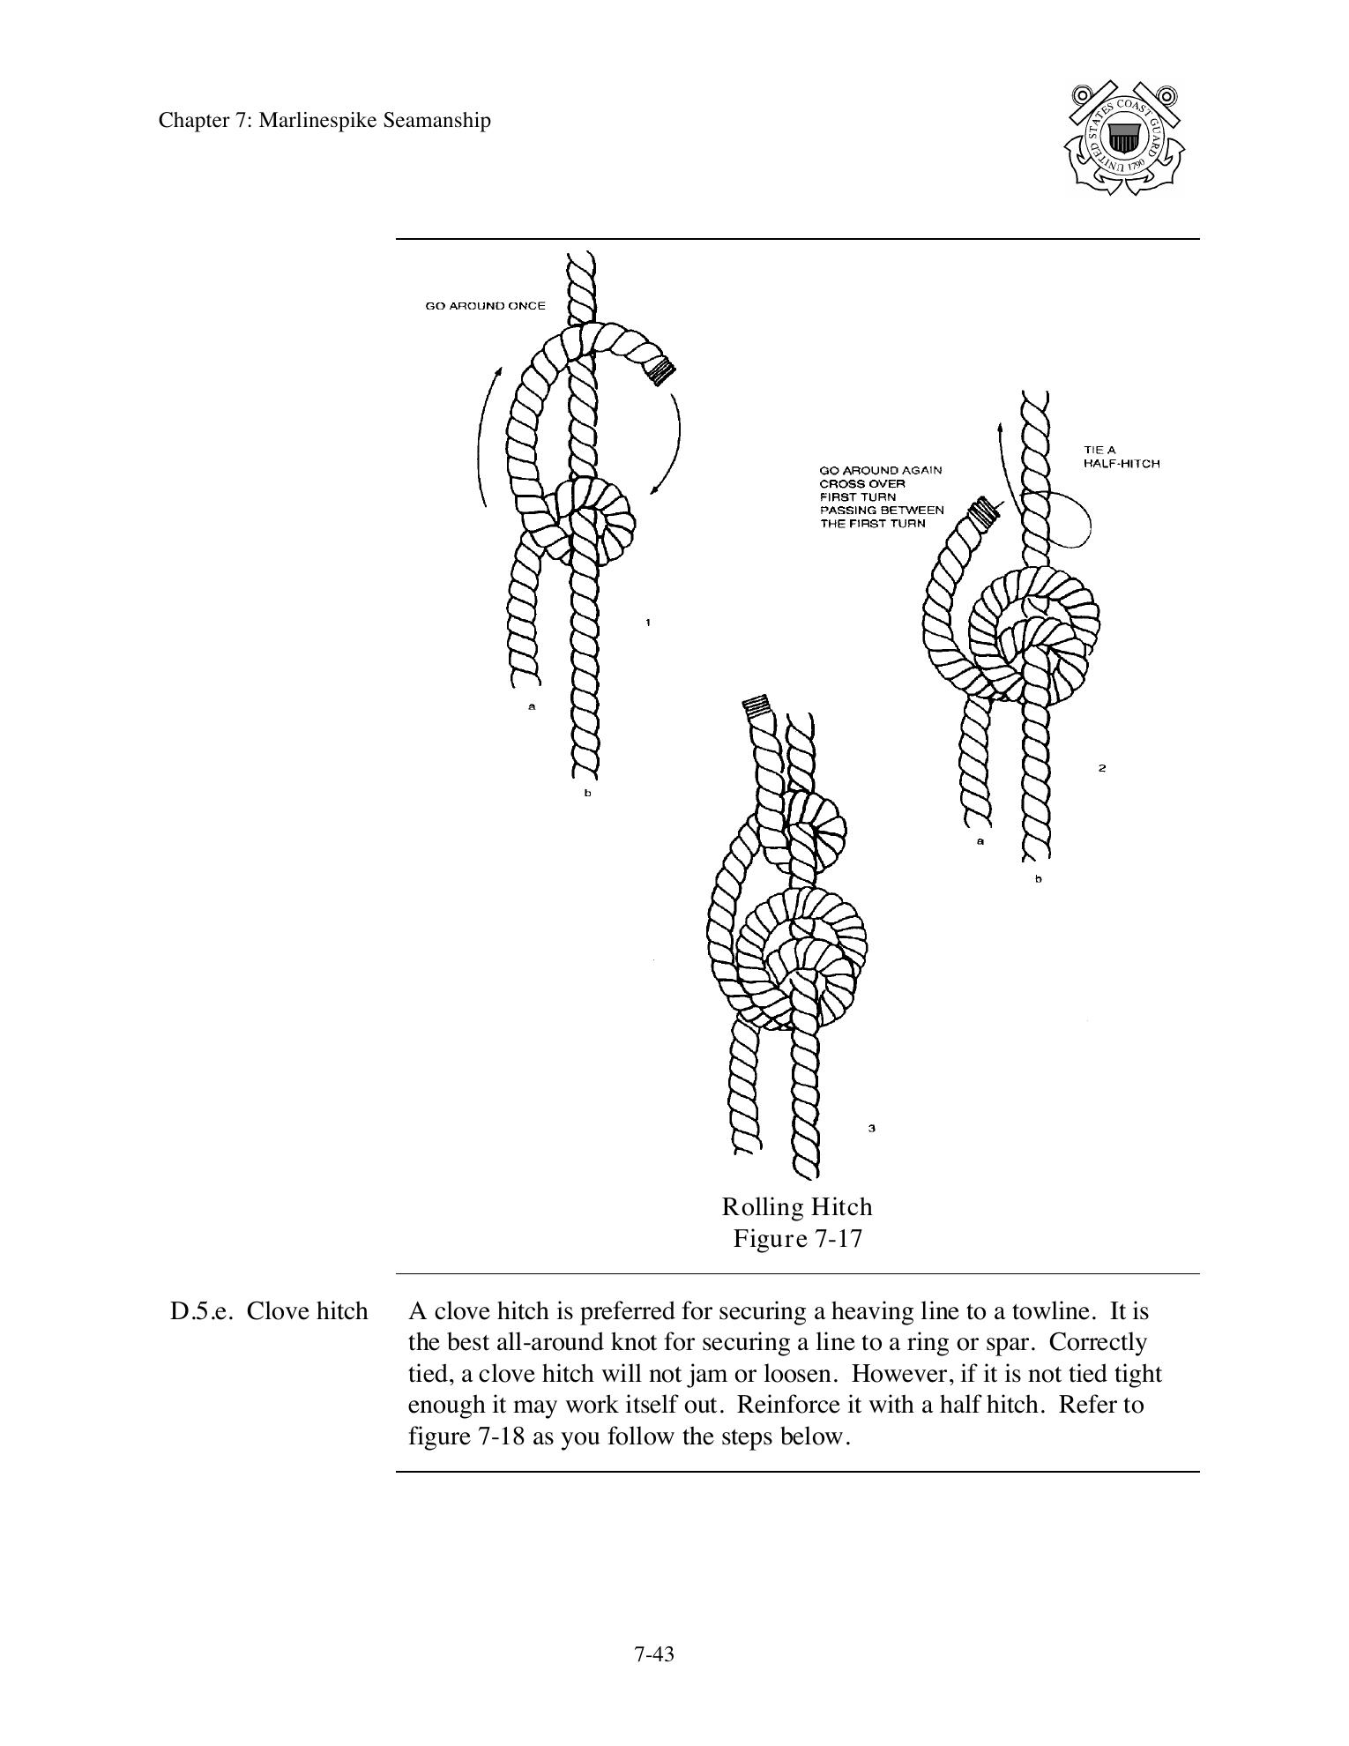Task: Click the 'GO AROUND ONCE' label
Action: tap(485, 306)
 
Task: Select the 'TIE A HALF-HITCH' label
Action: tap(1121, 457)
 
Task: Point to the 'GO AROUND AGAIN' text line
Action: tap(880, 470)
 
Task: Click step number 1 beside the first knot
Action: tap(648, 623)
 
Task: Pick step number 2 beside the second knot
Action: tap(1102, 768)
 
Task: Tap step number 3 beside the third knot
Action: tap(871, 1128)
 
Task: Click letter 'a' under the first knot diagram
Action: tap(532, 706)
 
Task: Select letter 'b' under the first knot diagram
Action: tap(588, 794)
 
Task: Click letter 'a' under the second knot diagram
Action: tap(980, 841)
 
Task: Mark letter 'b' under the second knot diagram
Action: tap(1038, 879)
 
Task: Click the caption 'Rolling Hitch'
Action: tap(796, 1206)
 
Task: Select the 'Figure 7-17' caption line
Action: tap(797, 1238)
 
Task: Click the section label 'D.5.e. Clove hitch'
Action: tap(268, 1311)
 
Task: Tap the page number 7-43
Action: tap(653, 1654)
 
